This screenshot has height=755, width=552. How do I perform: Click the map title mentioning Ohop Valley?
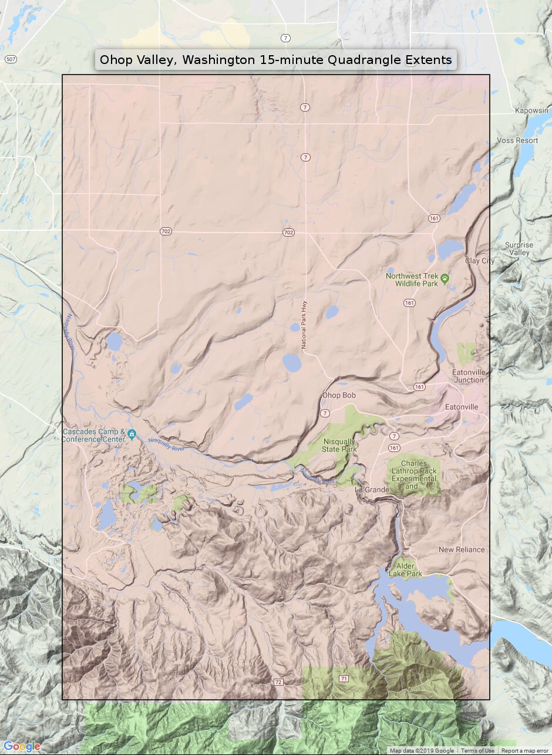pos(275,60)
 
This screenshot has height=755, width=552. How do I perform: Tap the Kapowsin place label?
pos(531,110)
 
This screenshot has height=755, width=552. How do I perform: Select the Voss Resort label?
pos(517,140)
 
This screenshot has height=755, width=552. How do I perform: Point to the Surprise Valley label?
pos(519,249)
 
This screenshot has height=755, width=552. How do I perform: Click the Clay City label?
pos(480,261)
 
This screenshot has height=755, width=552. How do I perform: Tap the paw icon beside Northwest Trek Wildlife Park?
pos(445,279)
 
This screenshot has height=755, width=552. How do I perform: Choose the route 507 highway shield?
pos(10,59)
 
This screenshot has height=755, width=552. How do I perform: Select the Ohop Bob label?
pos(339,395)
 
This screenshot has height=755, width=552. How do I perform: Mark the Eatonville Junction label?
pos(468,376)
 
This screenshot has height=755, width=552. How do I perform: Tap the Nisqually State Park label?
pos(339,445)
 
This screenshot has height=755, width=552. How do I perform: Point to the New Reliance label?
pos(462,550)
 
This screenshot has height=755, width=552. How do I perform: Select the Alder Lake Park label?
pos(405,569)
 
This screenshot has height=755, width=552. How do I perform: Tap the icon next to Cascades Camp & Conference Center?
pos(132,435)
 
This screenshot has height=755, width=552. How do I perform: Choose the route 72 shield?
pos(278,682)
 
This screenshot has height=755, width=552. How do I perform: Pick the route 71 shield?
pos(344,678)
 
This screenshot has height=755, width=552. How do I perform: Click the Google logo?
pos(22,746)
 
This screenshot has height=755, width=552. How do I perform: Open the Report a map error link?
pos(526,751)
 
